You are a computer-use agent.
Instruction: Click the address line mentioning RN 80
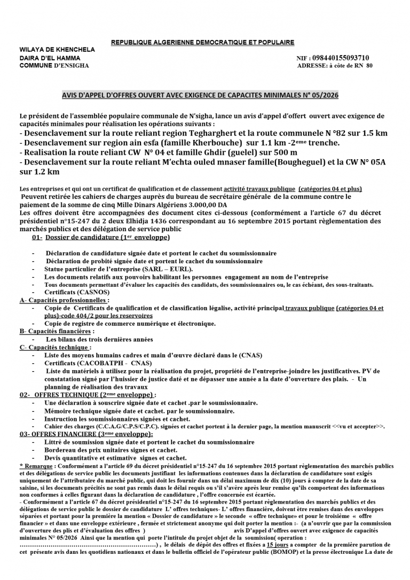(x=335, y=66)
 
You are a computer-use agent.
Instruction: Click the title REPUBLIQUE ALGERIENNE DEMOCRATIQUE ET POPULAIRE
(x=202, y=42)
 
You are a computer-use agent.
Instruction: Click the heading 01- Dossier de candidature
(x=101, y=237)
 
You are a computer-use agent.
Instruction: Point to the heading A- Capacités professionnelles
(x=64, y=300)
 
